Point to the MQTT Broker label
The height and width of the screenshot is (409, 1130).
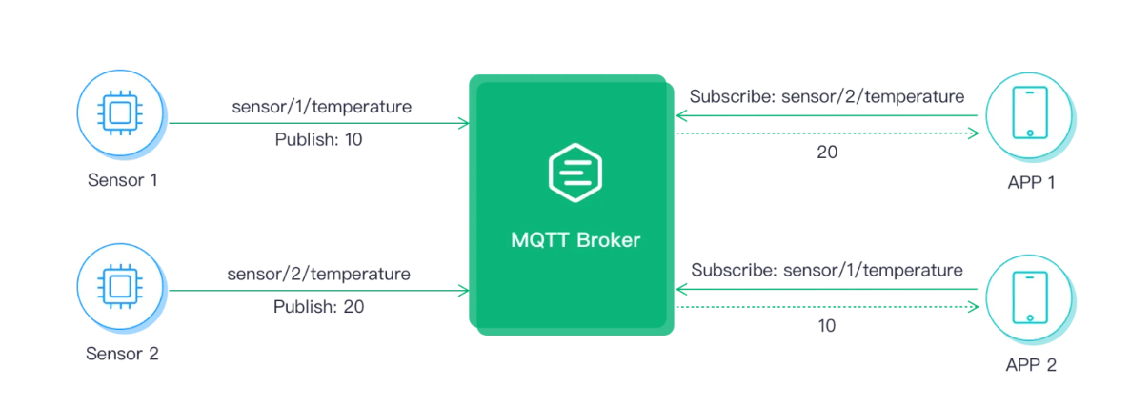click(575, 239)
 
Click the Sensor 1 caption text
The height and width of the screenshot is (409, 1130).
click(122, 179)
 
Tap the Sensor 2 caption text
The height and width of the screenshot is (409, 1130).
click(122, 354)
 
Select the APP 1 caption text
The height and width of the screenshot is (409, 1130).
click(1030, 181)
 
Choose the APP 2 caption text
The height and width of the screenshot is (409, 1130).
click(1030, 364)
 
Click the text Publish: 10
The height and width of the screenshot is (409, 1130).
click(318, 140)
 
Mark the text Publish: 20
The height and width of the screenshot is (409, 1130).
click(318, 307)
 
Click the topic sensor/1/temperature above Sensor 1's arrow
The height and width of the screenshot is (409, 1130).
click(322, 107)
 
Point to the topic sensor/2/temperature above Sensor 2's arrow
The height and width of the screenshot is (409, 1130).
click(318, 275)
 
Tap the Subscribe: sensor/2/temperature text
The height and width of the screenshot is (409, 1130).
click(827, 96)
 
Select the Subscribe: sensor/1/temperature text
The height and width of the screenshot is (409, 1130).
click(827, 270)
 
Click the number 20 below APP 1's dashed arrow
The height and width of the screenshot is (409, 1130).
click(827, 152)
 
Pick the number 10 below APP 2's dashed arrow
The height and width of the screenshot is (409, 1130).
click(827, 325)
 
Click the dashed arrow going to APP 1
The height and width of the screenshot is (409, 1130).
click(827, 133)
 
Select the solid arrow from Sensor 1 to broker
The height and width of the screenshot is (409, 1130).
click(318, 123)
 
